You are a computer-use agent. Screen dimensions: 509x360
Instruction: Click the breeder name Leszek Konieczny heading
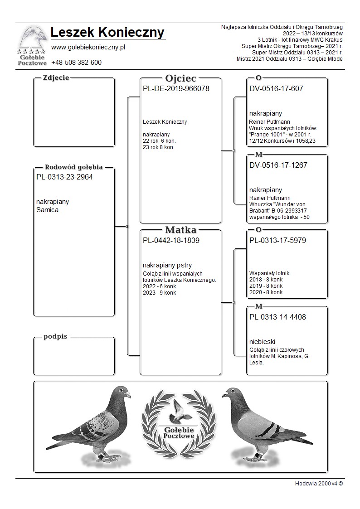click(x=107, y=33)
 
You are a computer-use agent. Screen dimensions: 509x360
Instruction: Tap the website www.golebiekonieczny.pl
click(x=88, y=48)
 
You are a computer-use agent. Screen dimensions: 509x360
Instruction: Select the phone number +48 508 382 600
click(x=76, y=63)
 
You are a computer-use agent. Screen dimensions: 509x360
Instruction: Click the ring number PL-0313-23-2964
click(x=64, y=177)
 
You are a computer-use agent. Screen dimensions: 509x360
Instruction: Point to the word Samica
click(x=47, y=210)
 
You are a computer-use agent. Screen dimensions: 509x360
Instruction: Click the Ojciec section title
click(x=180, y=78)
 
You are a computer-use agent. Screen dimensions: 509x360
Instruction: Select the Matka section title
click(x=180, y=230)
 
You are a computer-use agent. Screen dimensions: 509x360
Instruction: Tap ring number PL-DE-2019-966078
click(x=176, y=89)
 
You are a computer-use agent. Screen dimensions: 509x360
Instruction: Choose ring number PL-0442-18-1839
click(x=171, y=241)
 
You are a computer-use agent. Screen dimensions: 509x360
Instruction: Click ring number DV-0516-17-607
click(x=276, y=89)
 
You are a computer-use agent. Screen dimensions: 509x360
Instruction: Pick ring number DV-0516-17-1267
click(x=278, y=165)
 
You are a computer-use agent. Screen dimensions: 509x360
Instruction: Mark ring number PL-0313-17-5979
click(x=277, y=241)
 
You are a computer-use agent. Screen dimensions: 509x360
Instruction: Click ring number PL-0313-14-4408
click(x=277, y=317)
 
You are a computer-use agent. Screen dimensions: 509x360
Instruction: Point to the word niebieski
click(x=263, y=342)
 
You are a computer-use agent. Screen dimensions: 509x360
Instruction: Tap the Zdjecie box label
click(x=56, y=78)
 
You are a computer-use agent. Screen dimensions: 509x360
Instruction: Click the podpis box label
click(x=55, y=337)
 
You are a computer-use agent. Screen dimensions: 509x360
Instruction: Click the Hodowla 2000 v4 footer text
click(x=319, y=484)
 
